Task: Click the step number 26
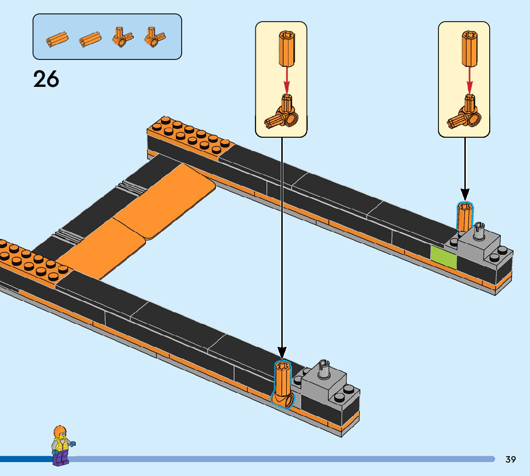(x=46, y=79)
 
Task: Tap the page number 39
(x=510, y=459)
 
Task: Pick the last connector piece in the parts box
(x=154, y=37)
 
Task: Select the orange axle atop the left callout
(x=287, y=48)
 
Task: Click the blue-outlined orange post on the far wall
(x=464, y=217)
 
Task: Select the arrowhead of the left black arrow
(x=282, y=354)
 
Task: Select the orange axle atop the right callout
(x=470, y=48)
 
